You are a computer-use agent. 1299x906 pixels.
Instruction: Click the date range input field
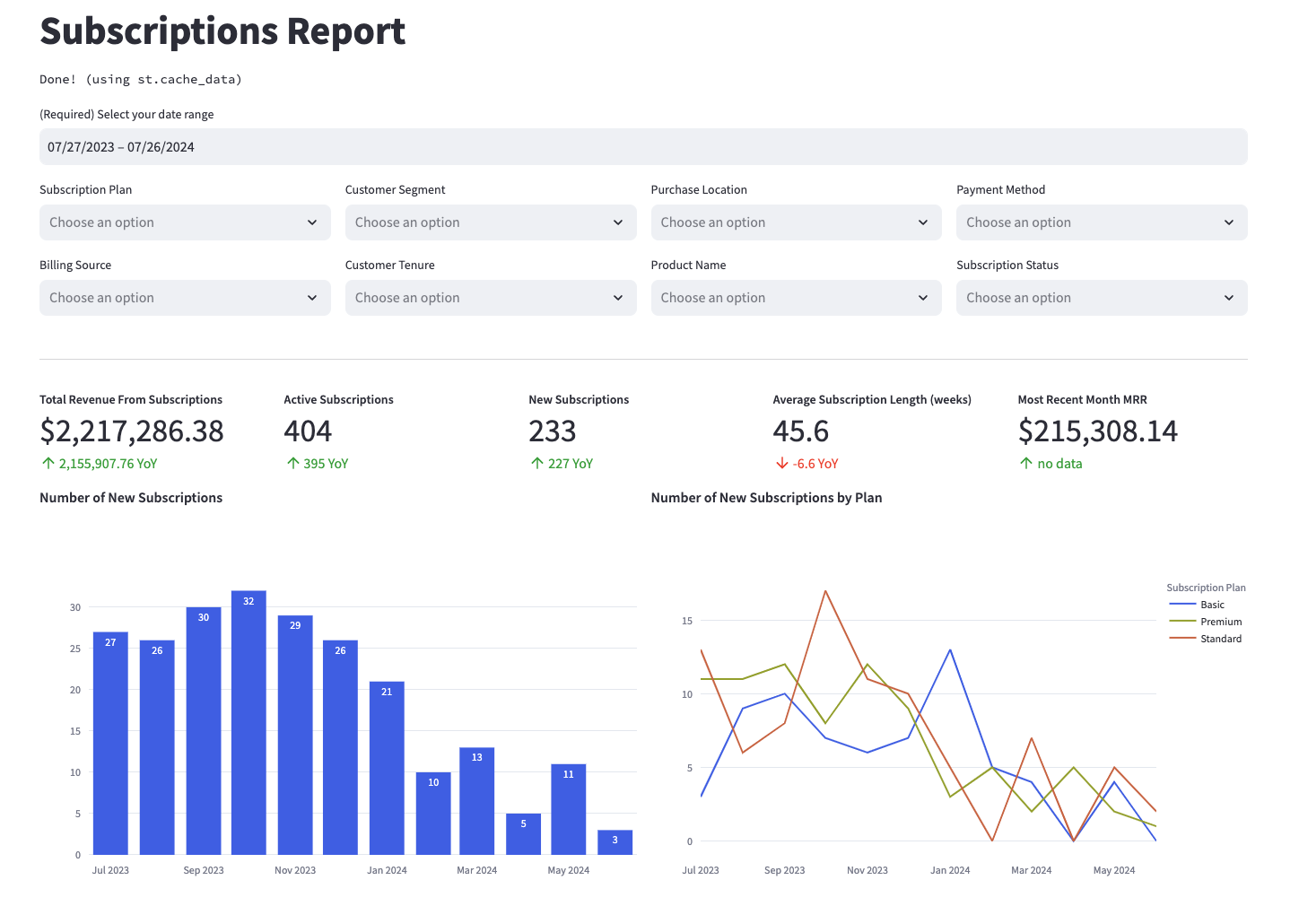[642, 147]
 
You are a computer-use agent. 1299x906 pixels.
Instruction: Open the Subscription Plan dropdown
[185, 222]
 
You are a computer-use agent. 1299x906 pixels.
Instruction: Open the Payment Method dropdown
[1101, 222]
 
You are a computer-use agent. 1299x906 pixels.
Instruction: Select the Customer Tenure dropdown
[490, 298]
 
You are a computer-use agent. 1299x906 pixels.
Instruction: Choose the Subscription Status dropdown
[1101, 298]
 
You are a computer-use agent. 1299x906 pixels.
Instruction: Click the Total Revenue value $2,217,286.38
[132, 431]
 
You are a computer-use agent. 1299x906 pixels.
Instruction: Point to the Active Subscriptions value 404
[308, 431]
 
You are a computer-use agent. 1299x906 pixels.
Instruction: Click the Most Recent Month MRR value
[1097, 431]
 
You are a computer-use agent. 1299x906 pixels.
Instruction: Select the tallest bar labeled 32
[248, 722]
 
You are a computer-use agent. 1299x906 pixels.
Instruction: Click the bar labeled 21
[387, 768]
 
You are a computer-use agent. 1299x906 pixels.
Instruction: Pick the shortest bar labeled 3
[615, 842]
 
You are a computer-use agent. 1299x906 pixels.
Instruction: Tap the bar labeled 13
[476, 801]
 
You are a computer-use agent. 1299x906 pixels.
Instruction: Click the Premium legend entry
[1220, 622]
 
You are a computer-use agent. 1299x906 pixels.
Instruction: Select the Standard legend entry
[1220, 639]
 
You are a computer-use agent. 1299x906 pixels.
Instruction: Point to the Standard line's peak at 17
[825, 591]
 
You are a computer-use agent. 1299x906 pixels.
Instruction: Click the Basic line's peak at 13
[950, 649]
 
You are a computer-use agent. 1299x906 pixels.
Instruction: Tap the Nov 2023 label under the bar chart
[295, 870]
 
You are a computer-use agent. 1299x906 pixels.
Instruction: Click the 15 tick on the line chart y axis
[687, 621]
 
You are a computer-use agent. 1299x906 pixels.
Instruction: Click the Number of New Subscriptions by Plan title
[766, 498]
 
